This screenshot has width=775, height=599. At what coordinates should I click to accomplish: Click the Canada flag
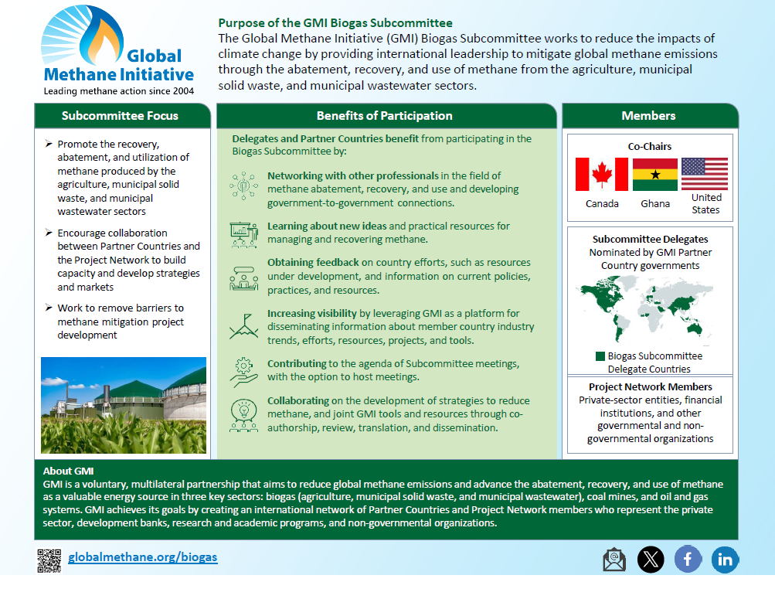tap(602, 175)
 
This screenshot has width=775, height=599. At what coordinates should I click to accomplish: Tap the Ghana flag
tap(655, 175)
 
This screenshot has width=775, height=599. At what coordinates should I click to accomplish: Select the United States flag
tap(705, 175)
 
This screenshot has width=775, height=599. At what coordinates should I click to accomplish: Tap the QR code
tap(49, 560)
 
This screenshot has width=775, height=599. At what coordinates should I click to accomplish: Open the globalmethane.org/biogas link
tap(143, 557)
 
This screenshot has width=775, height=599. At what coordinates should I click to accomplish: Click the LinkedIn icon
tap(725, 560)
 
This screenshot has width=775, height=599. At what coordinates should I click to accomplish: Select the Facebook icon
tap(688, 559)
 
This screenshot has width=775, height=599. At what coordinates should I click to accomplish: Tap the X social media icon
tap(651, 560)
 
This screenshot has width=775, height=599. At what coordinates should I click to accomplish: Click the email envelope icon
tap(614, 560)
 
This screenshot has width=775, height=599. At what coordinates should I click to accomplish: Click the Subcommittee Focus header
tap(120, 116)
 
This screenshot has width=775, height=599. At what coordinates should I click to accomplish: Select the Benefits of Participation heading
tap(384, 116)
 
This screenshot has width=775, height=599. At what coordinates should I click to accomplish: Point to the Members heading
tap(648, 116)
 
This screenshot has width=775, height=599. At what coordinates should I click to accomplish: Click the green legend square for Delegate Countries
tap(600, 356)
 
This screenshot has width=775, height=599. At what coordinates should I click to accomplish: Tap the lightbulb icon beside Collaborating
tap(243, 414)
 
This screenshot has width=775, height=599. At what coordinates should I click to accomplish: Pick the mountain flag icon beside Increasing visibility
tap(243, 326)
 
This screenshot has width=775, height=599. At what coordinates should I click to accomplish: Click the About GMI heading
tap(68, 471)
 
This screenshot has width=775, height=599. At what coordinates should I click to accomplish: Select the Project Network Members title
tap(650, 386)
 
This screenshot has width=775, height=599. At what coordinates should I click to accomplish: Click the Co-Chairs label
tap(649, 146)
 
